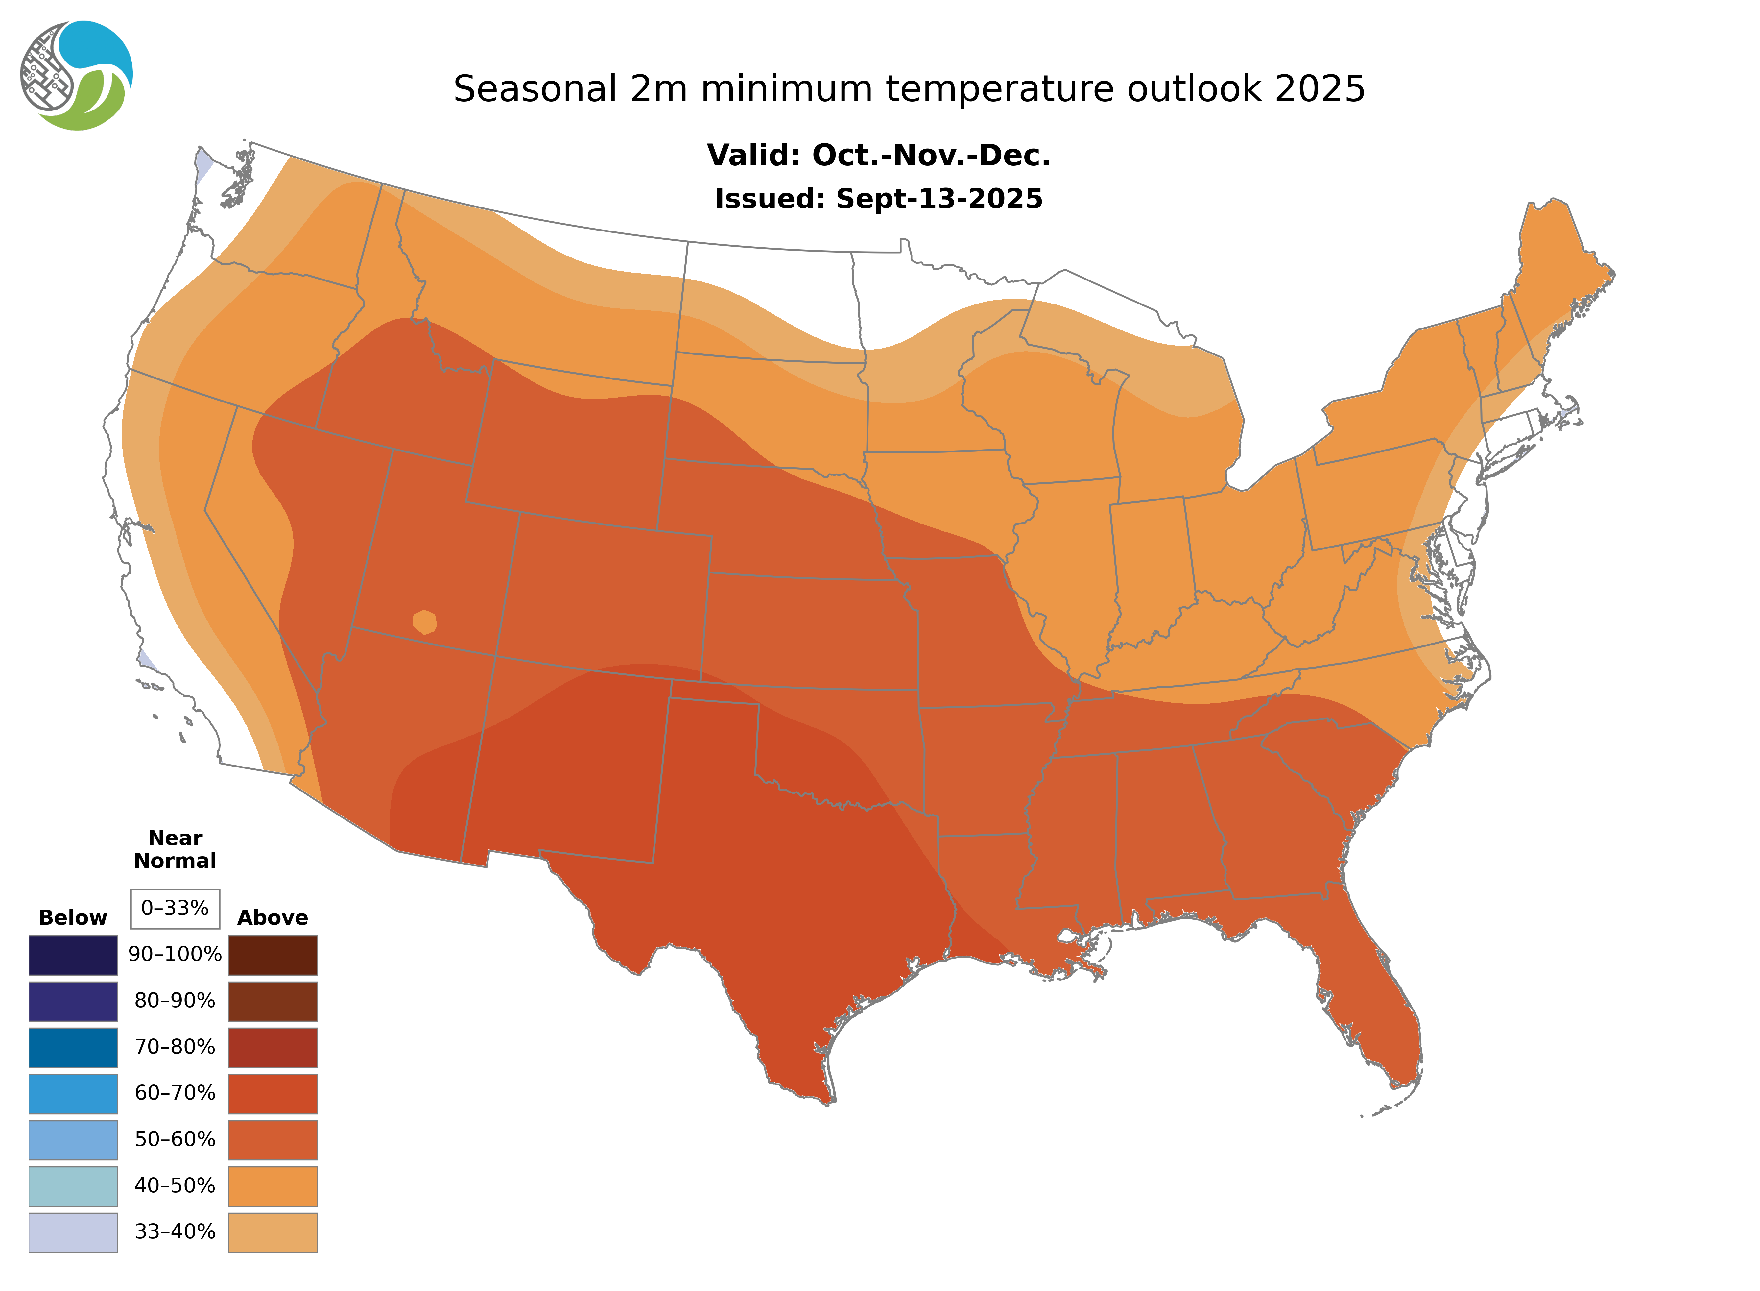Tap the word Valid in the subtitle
coord(753,156)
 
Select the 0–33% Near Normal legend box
coord(175,908)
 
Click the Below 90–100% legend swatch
coord(73,955)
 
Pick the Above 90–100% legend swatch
coord(273,955)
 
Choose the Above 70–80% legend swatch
coord(273,1047)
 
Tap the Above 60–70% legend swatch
coord(273,1093)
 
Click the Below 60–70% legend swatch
coord(73,1093)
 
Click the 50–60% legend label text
coord(175,1139)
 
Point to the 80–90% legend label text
coord(175,1001)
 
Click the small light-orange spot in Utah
coord(424,622)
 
